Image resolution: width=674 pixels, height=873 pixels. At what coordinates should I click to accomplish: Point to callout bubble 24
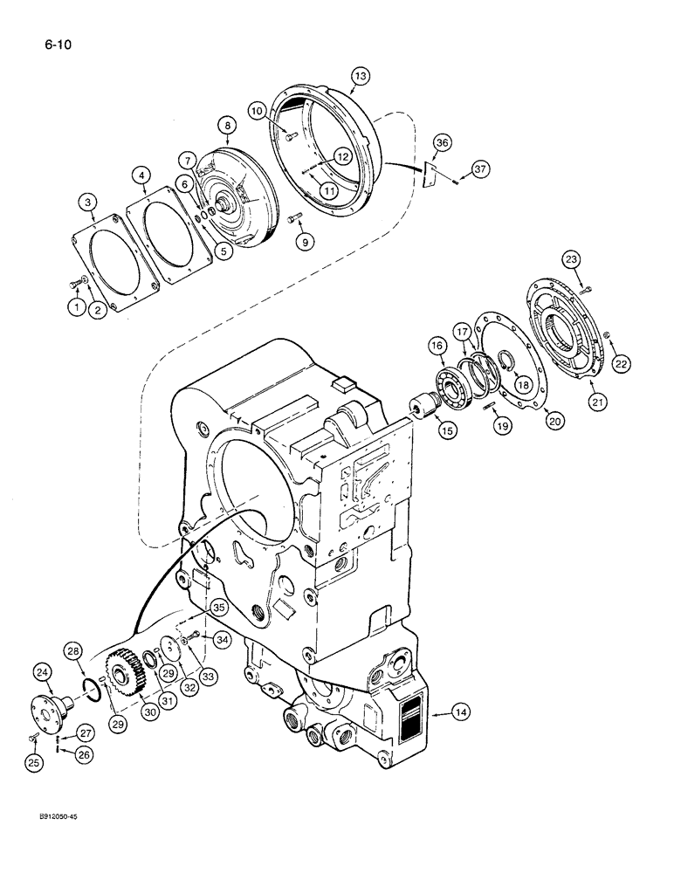(43, 671)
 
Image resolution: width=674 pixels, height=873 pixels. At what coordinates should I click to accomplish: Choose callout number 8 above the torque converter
(228, 127)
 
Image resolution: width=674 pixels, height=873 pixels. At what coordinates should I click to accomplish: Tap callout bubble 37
(479, 168)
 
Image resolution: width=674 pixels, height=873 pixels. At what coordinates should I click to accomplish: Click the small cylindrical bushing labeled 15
(423, 408)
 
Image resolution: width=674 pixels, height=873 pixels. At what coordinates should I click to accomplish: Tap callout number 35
(219, 608)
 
